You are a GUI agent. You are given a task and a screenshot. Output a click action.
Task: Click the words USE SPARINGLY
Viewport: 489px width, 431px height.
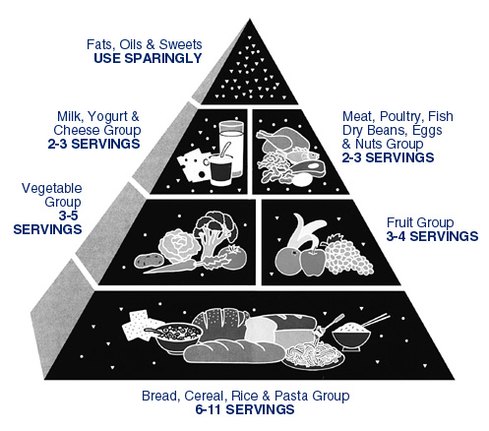pos(148,58)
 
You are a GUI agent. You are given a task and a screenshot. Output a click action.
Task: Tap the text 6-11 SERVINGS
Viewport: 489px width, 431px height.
pos(245,409)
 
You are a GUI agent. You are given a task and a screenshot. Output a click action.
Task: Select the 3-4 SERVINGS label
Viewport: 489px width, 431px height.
pos(432,236)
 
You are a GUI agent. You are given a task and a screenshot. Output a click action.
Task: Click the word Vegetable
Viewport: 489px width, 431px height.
pos(52,189)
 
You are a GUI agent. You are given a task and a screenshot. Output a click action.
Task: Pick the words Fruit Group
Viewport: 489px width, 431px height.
pos(420,222)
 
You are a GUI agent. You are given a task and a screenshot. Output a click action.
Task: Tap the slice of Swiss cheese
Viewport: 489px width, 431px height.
pos(193,164)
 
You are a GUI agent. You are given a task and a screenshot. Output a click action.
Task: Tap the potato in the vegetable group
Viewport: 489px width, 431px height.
pos(149,261)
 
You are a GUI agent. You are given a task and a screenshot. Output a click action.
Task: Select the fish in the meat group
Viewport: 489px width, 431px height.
pos(303,154)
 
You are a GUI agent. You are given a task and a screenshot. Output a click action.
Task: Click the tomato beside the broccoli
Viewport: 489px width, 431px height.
pos(233,258)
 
